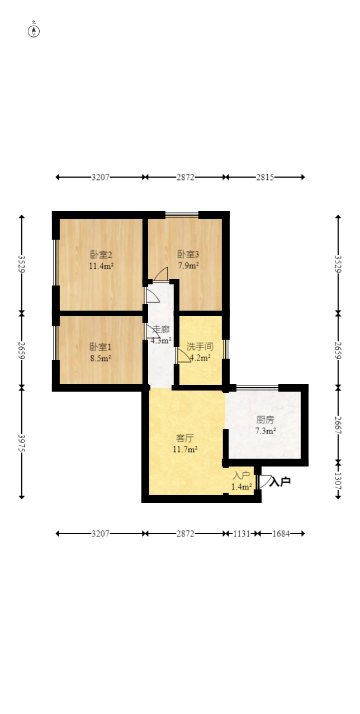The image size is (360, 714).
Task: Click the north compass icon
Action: coord(34,31)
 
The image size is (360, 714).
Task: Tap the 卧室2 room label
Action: coord(101,255)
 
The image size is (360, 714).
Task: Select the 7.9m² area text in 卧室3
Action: coord(188,265)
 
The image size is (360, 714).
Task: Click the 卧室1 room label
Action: coord(100,347)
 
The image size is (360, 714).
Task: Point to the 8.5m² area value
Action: coord(101,358)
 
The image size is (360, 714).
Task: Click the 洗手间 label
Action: coord(200,346)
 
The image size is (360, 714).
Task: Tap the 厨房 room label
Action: coord(265,420)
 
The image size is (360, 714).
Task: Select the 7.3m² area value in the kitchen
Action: coord(266,431)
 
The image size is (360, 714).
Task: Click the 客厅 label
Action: coord(184,438)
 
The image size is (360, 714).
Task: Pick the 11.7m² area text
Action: coord(185,449)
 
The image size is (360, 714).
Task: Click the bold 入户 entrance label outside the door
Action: coord(280,482)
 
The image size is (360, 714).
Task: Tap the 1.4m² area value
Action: coord(241,487)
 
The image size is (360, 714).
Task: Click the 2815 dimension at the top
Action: coord(264,177)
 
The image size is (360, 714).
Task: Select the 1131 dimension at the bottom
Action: coord(241,534)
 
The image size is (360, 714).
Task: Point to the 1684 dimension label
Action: coord(281,534)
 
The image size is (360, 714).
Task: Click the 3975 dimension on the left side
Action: coord(21,443)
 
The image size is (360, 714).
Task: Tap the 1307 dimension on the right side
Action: coord(338,481)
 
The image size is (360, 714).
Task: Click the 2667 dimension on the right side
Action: coord(338,425)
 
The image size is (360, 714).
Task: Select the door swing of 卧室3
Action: coord(162,274)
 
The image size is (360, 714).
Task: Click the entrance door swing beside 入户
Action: coord(264,482)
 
